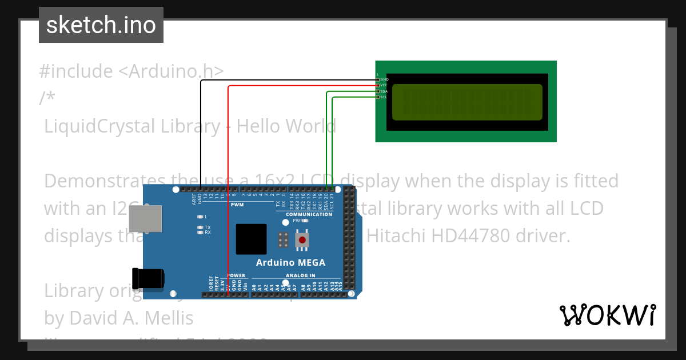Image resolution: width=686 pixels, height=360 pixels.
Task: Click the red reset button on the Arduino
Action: click(x=301, y=240)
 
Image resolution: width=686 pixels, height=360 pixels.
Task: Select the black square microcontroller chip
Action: click(x=251, y=239)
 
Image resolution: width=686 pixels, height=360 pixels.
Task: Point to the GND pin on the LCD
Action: click(x=378, y=79)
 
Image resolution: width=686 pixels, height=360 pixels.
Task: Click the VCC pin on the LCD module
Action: click(x=378, y=85)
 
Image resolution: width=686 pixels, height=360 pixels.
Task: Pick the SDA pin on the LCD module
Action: click(x=378, y=91)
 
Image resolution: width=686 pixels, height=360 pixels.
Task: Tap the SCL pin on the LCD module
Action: click(x=378, y=97)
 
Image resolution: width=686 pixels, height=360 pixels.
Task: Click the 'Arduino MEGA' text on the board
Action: click(x=290, y=263)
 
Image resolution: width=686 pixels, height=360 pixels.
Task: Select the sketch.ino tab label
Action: click(x=101, y=25)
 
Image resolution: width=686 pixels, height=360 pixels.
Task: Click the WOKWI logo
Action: click(x=607, y=315)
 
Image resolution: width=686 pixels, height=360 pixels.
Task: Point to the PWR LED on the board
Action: click(x=305, y=221)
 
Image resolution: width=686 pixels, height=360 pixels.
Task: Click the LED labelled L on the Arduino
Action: click(x=200, y=217)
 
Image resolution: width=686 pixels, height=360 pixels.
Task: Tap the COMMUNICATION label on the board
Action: click(x=309, y=214)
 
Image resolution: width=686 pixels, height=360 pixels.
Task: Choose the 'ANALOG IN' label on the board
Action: click(x=300, y=275)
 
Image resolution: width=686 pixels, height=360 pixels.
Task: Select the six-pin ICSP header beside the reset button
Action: click(x=282, y=239)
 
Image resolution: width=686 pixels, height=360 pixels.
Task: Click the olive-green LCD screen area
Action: click(x=467, y=102)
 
